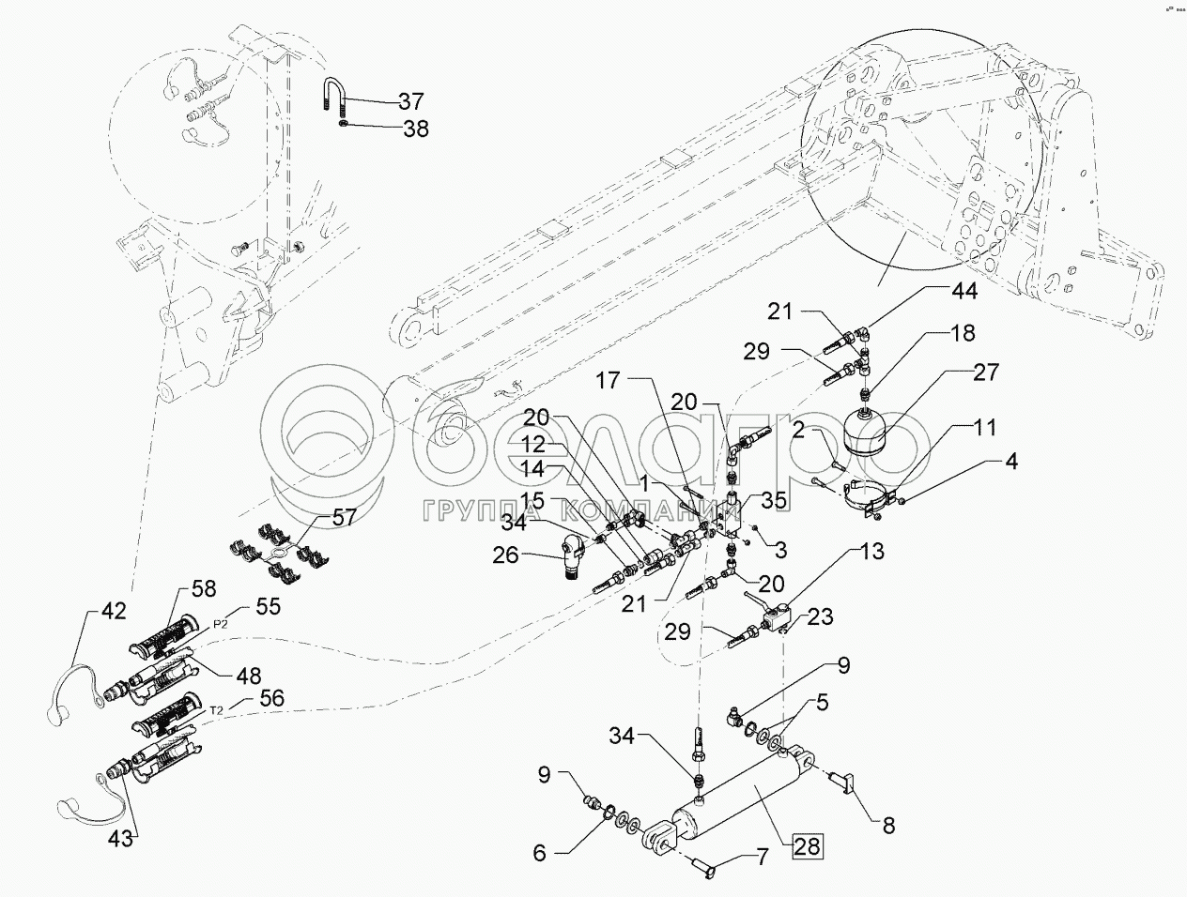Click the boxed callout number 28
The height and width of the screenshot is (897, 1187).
(x=807, y=846)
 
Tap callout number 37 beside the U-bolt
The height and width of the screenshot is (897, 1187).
(x=409, y=101)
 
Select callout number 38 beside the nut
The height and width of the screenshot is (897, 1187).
(x=415, y=129)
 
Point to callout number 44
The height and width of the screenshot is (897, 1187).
(x=963, y=292)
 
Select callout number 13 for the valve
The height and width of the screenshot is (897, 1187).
(x=871, y=552)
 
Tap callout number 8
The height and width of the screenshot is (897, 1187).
(x=887, y=826)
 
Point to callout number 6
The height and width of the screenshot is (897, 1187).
(x=539, y=855)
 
